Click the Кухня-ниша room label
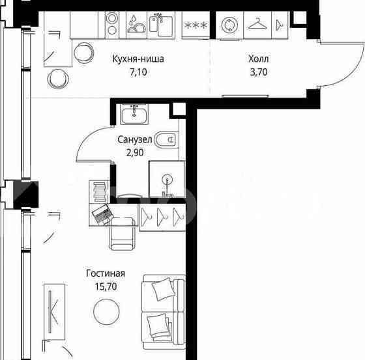[x=138, y=59]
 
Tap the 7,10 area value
[x=138, y=72]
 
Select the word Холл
[x=258, y=59]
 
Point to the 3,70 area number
[x=258, y=72]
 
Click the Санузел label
[x=135, y=139]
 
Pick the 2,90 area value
[x=135, y=153]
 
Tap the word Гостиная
[x=106, y=273]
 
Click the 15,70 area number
[x=106, y=286]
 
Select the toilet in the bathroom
[x=166, y=139]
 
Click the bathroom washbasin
[x=134, y=114]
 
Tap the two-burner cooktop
[x=112, y=25]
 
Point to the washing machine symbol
[x=229, y=25]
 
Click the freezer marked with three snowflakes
[x=196, y=25]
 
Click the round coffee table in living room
[x=106, y=312]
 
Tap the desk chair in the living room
[x=123, y=233]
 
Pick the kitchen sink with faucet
[x=161, y=25]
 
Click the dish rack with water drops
[x=136, y=25]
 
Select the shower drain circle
[x=167, y=179]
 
